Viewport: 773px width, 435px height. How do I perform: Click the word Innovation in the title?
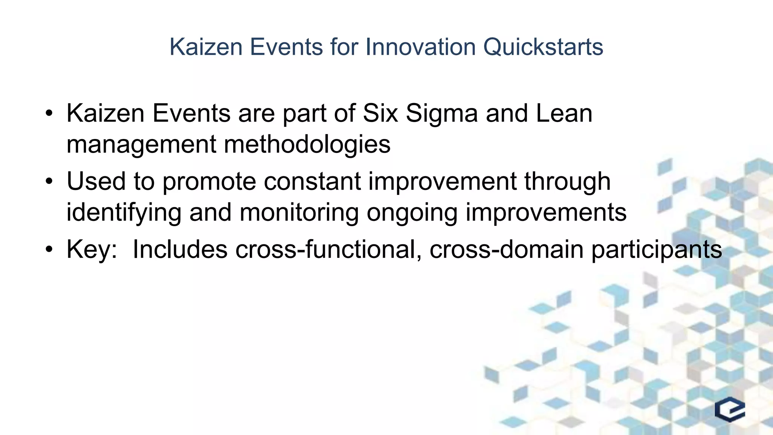(x=420, y=47)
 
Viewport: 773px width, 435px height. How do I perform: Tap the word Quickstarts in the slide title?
(x=543, y=47)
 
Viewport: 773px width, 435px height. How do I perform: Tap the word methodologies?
(x=307, y=144)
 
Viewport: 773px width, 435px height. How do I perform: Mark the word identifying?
(x=124, y=213)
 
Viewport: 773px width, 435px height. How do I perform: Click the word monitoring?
(x=299, y=213)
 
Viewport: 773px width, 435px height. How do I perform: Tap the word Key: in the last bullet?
(x=92, y=250)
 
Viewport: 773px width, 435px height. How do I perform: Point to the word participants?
(x=656, y=250)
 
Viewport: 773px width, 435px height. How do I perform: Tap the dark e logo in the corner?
(x=730, y=409)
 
